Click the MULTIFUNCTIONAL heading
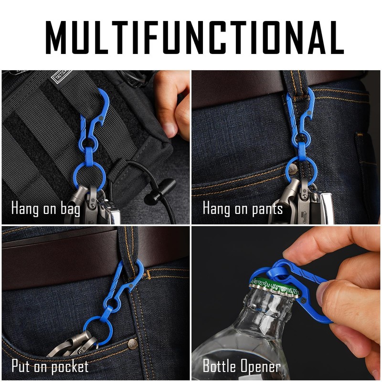click(x=191, y=36)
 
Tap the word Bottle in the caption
click(x=220, y=366)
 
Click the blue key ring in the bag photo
click(x=89, y=176)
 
